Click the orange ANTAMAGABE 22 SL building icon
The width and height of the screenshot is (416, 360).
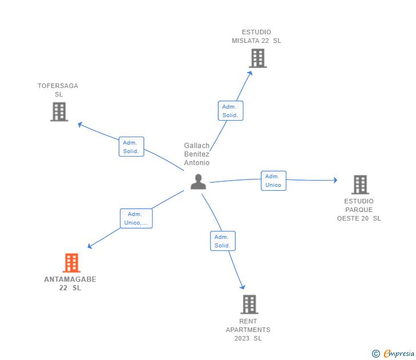click(71, 263)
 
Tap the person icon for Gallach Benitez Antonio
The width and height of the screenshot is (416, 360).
click(198, 182)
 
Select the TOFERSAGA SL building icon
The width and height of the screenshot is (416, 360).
click(59, 111)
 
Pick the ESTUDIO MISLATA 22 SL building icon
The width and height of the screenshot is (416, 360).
click(258, 58)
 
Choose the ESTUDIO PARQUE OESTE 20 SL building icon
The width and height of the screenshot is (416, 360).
click(359, 185)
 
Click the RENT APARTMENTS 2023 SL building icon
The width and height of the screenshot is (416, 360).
click(249, 304)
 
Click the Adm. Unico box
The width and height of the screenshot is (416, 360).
click(273, 181)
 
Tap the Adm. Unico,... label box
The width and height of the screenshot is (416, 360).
click(136, 218)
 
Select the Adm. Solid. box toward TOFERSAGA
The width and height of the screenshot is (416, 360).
click(131, 147)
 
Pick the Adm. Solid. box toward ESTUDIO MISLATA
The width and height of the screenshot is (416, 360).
click(230, 111)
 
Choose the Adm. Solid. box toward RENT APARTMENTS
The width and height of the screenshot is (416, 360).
click(222, 241)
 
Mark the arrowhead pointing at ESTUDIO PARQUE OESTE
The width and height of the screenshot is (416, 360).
click(335, 180)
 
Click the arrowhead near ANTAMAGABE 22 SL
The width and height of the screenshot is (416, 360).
click(90, 246)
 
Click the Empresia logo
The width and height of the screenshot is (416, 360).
click(399, 353)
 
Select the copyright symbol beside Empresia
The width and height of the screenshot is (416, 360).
click(376, 354)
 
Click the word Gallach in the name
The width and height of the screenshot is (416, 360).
click(197, 146)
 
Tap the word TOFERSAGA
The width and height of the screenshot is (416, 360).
click(58, 86)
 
